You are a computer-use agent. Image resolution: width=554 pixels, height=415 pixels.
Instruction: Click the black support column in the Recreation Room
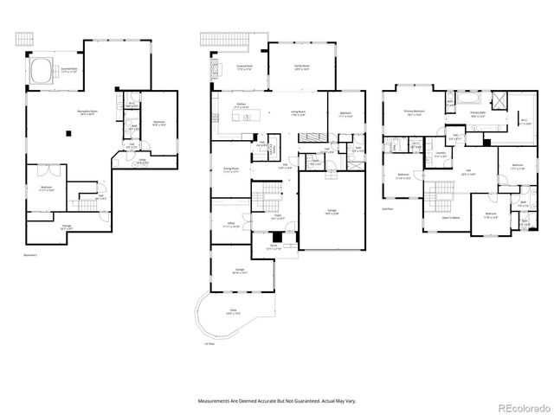click(70, 133)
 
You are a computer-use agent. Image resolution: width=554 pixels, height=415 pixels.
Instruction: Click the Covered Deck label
click(244, 67)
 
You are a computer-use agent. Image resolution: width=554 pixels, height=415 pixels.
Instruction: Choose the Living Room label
click(300, 112)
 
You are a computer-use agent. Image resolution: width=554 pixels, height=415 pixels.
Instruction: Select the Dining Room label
click(231, 169)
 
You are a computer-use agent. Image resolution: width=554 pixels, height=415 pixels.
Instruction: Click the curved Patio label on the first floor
click(232, 312)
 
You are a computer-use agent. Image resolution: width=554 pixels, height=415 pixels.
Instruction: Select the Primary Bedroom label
click(415, 112)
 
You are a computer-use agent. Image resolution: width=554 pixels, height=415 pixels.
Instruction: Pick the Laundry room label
click(441, 154)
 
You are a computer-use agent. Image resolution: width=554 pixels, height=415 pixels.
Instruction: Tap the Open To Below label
click(449, 218)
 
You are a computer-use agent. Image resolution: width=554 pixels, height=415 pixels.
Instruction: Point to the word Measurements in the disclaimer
click(219, 401)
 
